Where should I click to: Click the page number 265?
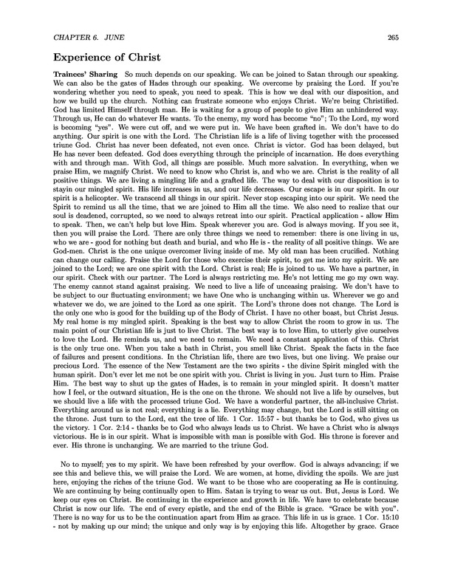point(391,39)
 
